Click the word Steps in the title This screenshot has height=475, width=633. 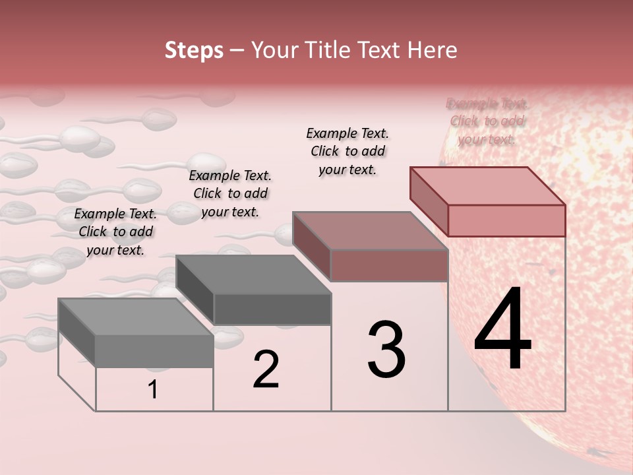click(194, 50)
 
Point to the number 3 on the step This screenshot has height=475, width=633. click(386, 350)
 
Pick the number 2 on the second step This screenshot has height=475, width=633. click(266, 370)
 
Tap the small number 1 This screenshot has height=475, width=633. click(153, 390)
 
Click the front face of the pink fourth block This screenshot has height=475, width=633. click(506, 220)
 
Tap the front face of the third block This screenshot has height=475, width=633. click(389, 265)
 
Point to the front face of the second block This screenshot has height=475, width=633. click(272, 309)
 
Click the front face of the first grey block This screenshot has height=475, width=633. click(154, 351)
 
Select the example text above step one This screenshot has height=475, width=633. click(115, 232)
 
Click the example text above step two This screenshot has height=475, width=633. click(230, 193)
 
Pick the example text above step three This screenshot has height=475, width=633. click(347, 151)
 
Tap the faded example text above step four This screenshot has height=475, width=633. click(487, 121)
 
